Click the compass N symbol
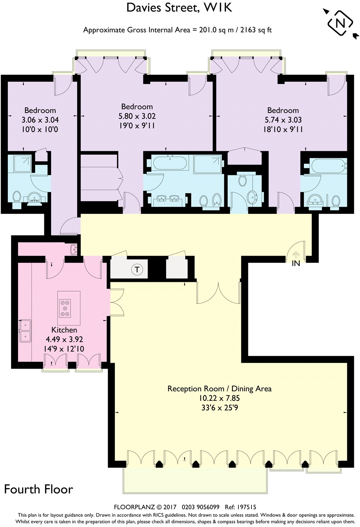(x=340, y=23)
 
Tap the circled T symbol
(x=137, y=270)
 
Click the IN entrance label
(x=296, y=263)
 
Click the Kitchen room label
(x=64, y=330)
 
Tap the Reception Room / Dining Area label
(x=219, y=389)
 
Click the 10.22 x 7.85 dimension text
(x=219, y=398)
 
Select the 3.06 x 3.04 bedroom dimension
(x=40, y=120)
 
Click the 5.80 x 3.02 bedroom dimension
(x=137, y=116)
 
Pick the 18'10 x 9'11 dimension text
(x=283, y=129)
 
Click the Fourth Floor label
(x=38, y=489)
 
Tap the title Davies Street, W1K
(x=179, y=8)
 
